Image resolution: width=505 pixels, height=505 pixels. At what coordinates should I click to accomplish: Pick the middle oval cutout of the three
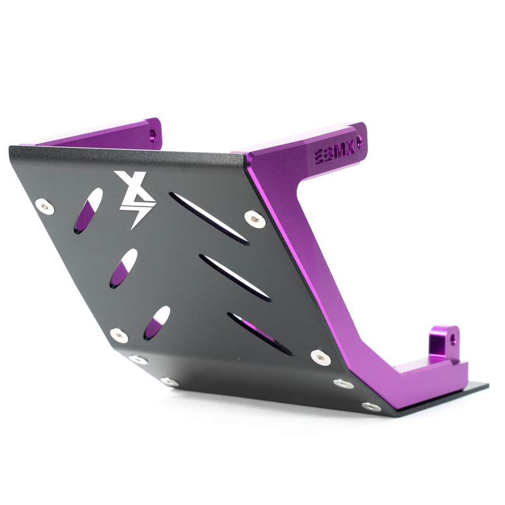click(123, 268)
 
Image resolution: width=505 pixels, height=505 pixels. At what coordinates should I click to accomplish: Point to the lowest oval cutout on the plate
click(157, 322)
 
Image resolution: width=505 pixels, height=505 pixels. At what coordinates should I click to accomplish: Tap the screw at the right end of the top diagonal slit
click(254, 219)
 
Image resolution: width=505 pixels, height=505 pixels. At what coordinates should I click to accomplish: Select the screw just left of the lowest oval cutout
click(118, 335)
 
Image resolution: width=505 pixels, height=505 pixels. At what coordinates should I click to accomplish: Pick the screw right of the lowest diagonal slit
click(321, 357)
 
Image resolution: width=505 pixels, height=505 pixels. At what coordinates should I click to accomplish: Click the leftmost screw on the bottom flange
click(138, 360)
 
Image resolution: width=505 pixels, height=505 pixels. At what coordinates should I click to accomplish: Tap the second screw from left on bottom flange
click(169, 381)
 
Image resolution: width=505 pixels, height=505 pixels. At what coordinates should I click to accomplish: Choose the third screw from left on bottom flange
click(343, 383)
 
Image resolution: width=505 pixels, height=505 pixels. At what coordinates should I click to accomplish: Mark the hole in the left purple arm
click(152, 134)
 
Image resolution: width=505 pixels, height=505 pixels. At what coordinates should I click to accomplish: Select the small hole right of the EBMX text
click(359, 143)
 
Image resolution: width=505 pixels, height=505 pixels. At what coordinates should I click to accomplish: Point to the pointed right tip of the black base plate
click(487, 386)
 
